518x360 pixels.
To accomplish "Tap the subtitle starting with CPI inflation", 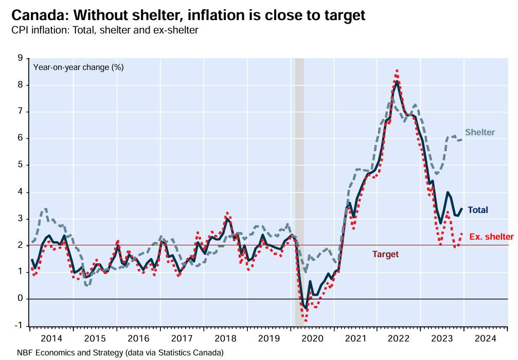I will pos(105,30).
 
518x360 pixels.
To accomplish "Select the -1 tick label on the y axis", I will pos(19,326).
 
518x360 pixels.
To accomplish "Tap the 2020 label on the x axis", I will pos(312,339).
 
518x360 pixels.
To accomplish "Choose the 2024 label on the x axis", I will pos(486,339).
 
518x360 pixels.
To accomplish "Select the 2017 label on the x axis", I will pos(182,339).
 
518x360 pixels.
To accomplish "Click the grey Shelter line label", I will pos(479,133).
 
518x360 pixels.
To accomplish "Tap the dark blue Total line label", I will pos(477,210).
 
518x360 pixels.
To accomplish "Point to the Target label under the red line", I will pos(385,254).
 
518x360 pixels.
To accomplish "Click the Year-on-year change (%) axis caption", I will pos(78,67).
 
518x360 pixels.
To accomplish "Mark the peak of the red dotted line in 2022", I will pos(397,70).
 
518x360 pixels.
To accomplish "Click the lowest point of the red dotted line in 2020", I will pos(306,321).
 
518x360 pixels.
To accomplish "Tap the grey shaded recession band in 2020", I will pos(299,154).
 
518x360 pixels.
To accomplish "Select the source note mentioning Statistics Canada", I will pos(120,353).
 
